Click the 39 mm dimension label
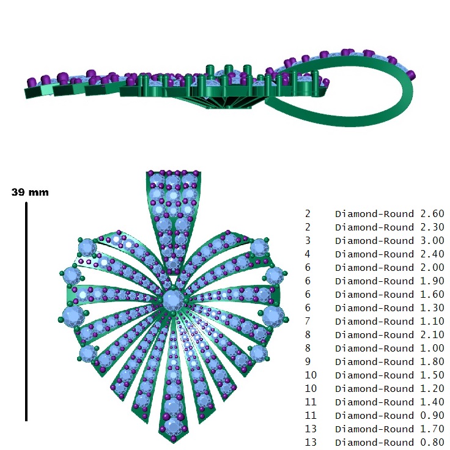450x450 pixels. [30, 192]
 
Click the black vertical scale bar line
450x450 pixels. [26, 312]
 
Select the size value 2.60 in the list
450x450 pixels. [432, 214]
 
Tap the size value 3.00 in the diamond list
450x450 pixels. [432, 240]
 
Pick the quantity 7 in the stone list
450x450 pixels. [308, 321]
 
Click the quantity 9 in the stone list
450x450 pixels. [308, 361]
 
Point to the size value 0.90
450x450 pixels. [432, 415]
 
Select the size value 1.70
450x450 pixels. [432, 429]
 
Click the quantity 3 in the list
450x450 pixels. [308, 240]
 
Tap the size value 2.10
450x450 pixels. [432, 334]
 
